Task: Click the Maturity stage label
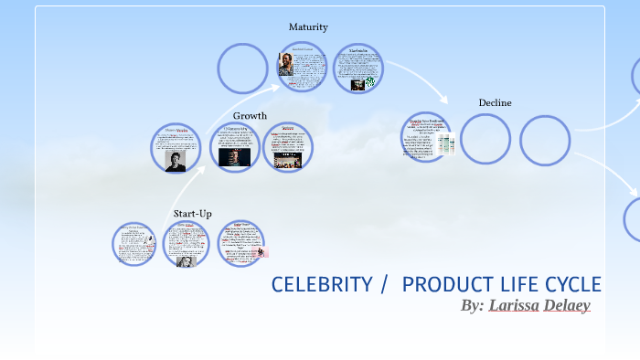pyautogui.click(x=308, y=27)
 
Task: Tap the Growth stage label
pyautogui.click(x=250, y=116)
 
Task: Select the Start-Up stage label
pyautogui.click(x=192, y=214)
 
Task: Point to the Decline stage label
pyautogui.click(x=495, y=102)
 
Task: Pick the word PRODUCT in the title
pyautogui.click(x=444, y=284)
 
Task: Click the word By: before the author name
pyautogui.click(x=472, y=305)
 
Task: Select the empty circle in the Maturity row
pyautogui.click(x=242, y=69)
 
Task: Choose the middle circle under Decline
pyautogui.click(x=485, y=140)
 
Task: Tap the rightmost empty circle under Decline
pyautogui.click(x=545, y=140)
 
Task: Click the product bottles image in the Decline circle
pyautogui.click(x=444, y=143)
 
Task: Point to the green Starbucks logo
pyautogui.click(x=369, y=83)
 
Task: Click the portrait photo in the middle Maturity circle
pyautogui.click(x=288, y=65)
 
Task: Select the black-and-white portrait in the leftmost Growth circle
pyautogui.click(x=175, y=159)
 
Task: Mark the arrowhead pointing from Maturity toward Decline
pyautogui.click(x=444, y=99)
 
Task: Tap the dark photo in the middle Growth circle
pyautogui.click(x=235, y=156)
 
